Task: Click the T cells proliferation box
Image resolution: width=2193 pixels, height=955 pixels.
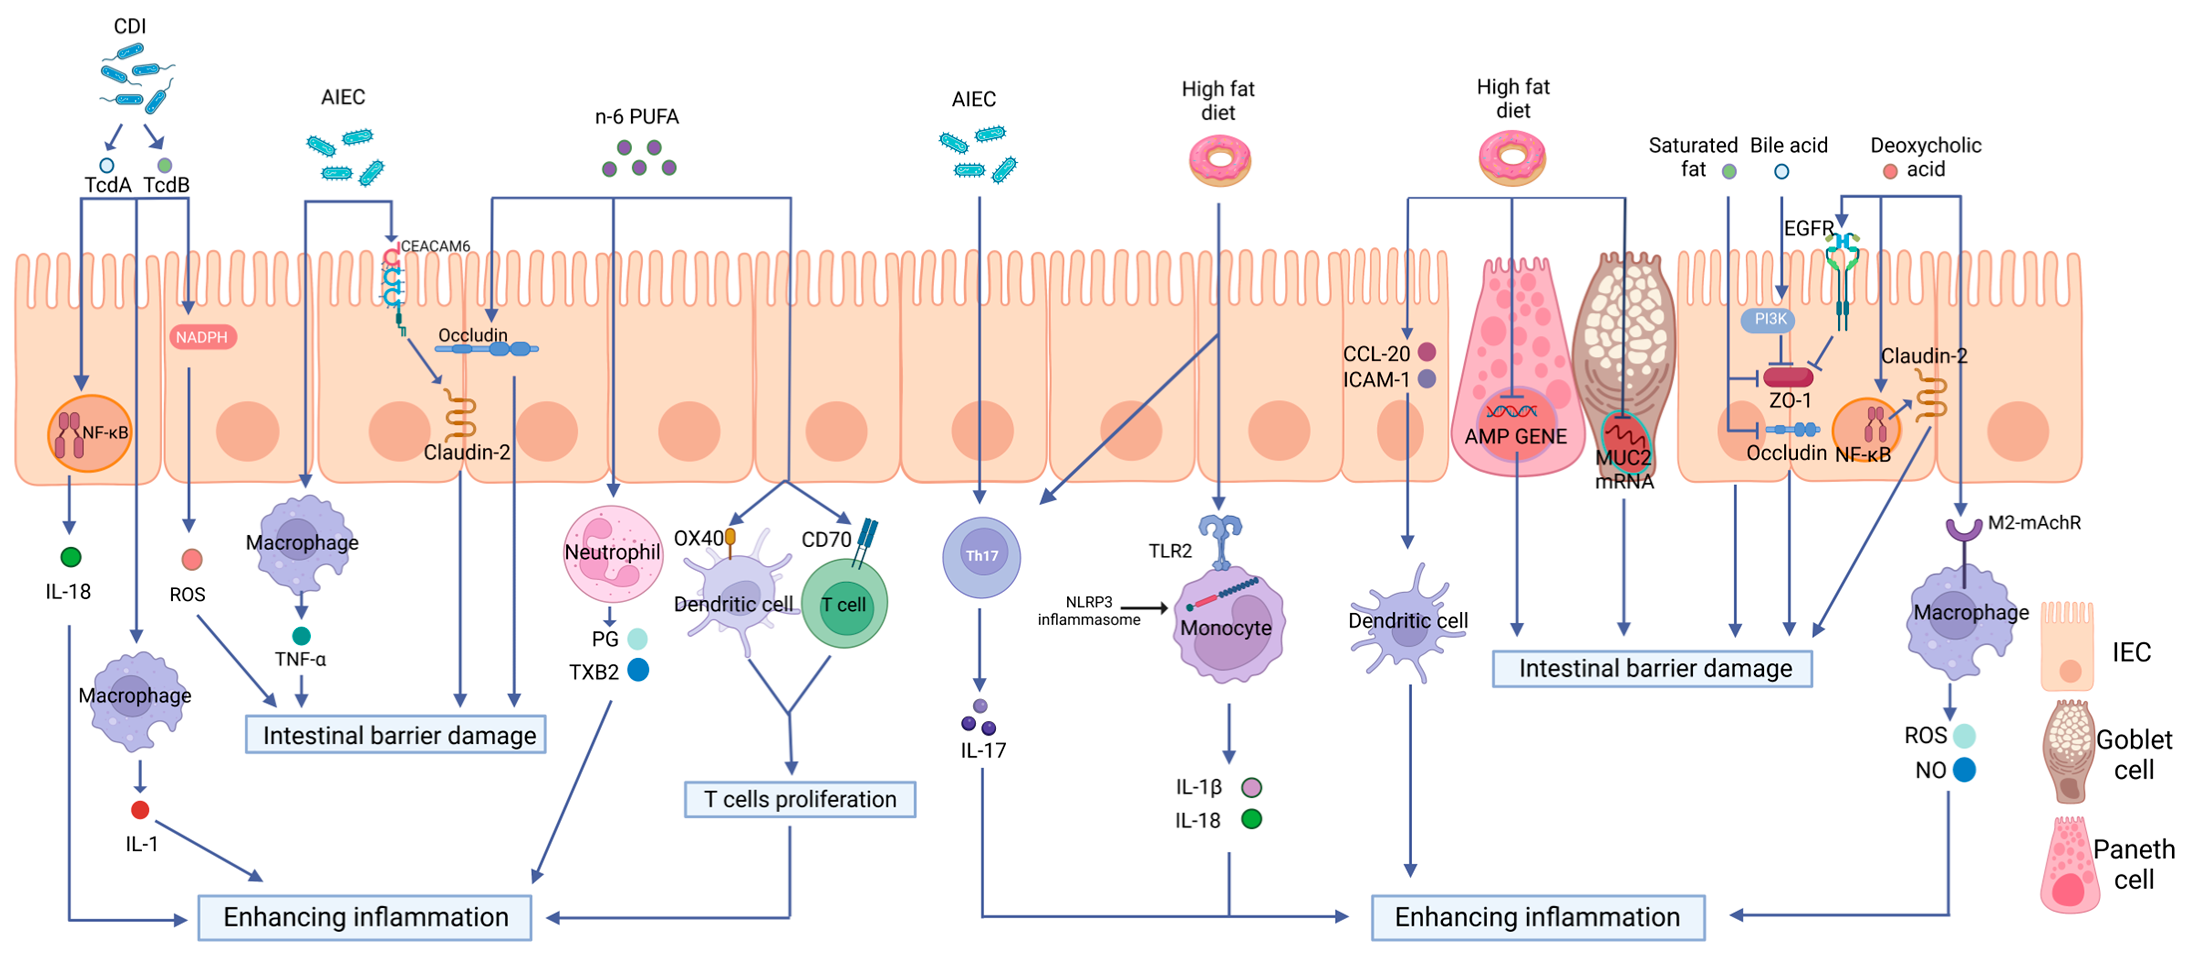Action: [799, 799]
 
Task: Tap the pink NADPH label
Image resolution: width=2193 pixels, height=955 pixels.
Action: [202, 337]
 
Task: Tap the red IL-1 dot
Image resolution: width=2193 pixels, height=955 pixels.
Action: [141, 809]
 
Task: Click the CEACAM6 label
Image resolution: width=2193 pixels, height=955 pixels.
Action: [435, 246]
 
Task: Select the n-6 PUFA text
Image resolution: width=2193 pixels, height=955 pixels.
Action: [637, 117]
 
